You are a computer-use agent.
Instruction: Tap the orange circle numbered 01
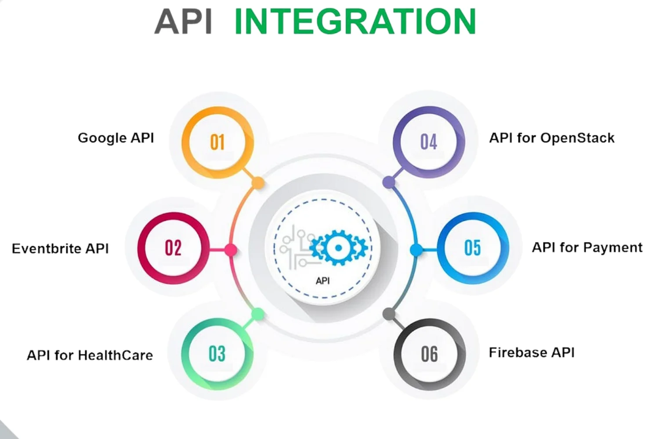point(217,142)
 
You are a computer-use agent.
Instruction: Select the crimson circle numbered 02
point(173,248)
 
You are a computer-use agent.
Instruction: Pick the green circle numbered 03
point(217,354)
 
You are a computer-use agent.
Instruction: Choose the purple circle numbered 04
point(429,142)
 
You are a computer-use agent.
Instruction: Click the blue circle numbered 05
point(473,248)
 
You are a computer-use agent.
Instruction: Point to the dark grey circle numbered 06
point(429,354)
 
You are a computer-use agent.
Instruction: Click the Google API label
point(116,138)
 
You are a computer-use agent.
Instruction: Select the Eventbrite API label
point(60,248)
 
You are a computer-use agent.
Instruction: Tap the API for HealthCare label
point(90,355)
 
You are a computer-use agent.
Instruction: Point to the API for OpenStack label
point(552,138)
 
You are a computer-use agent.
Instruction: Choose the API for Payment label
point(587,248)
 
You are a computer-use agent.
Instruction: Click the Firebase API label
point(532,353)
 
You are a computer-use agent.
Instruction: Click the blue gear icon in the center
point(338,248)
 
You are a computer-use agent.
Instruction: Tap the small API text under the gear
point(322,281)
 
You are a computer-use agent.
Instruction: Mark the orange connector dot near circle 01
point(258,183)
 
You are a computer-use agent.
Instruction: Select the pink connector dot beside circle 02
point(231,250)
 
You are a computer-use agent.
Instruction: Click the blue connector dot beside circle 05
point(416,250)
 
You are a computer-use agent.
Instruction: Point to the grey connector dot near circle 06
point(389,314)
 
